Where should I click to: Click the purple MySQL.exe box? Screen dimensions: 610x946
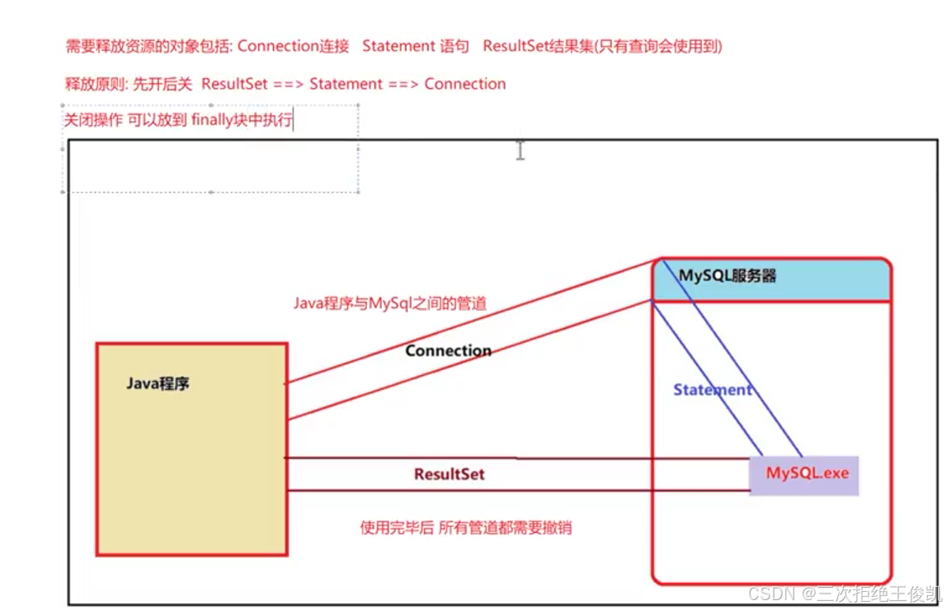point(805,474)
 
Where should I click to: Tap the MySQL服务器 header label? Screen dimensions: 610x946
point(727,276)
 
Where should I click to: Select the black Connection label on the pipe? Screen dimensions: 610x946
point(448,350)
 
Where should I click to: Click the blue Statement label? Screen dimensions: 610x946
point(712,390)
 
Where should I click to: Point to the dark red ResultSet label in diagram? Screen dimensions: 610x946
point(449,474)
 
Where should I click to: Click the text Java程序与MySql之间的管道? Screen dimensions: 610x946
point(389,303)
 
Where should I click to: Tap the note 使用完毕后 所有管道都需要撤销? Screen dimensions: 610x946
point(466,528)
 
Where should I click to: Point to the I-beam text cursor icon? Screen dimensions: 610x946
point(520,150)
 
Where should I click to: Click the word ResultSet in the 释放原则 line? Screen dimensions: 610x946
point(234,84)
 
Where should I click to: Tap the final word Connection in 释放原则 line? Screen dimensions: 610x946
point(465,84)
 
